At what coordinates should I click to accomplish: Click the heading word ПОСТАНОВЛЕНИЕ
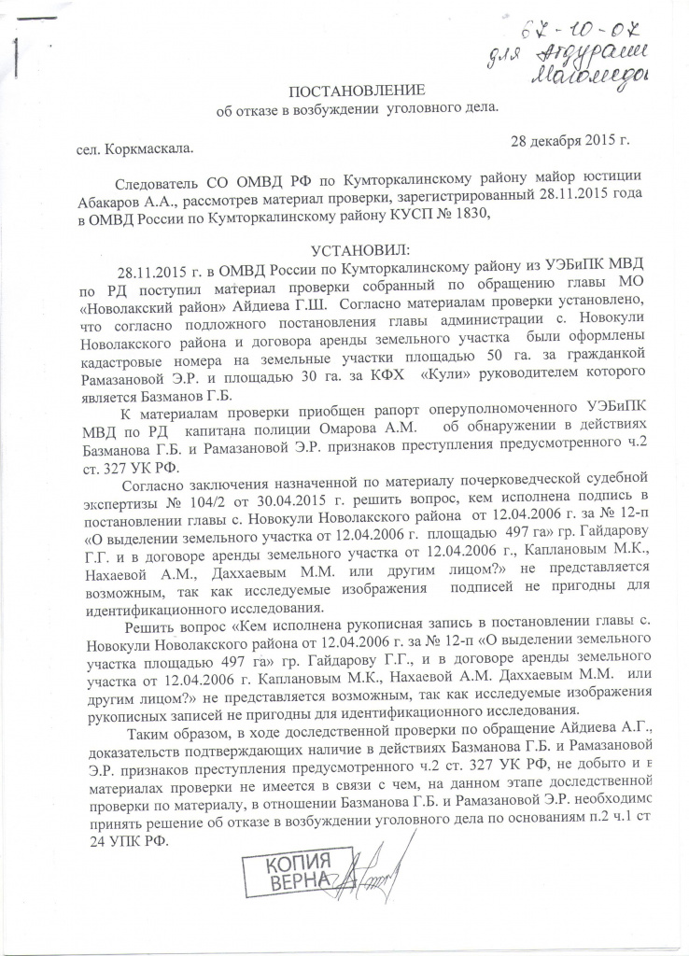point(355,91)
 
